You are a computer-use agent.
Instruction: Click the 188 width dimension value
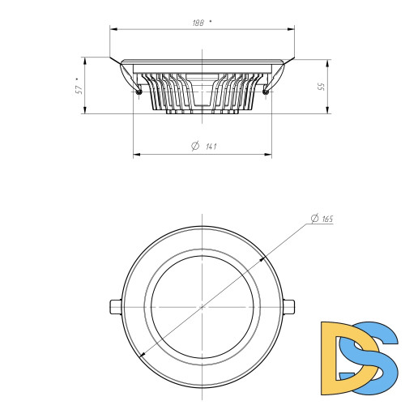click(x=198, y=23)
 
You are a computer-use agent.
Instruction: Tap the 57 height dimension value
click(x=79, y=90)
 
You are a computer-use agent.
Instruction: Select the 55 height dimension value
click(x=322, y=87)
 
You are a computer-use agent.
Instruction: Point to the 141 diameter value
click(x=211, y=147)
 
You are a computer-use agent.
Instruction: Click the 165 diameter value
click(x=327, y=219)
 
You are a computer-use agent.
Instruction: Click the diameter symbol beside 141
click(x=195, y=146)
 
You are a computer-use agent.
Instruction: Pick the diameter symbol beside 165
click(x=315, y=219)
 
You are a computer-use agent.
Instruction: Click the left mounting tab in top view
click(x=116, y=307)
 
